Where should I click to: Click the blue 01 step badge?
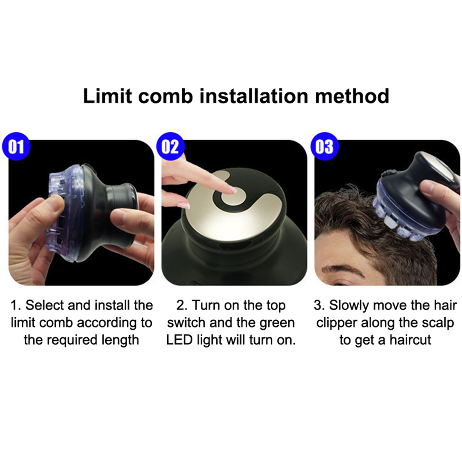[16, 146]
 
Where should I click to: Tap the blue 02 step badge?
[170, 146]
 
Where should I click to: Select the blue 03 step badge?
[325, 146]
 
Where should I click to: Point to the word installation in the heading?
[254, 96]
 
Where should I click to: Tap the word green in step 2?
[277, 323]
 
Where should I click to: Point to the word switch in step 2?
[186, 323]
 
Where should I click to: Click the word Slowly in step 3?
[349, 306]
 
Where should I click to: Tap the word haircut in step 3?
[410, 340]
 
